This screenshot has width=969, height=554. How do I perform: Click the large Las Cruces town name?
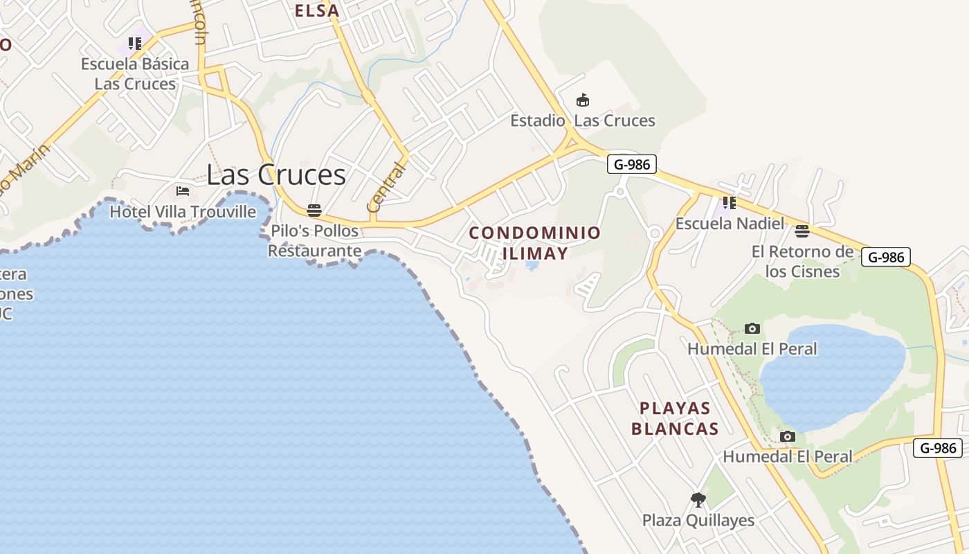[x=276, y=175]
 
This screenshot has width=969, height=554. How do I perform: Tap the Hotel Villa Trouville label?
[x=183, y=211]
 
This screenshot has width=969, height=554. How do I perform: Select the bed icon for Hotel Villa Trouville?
[x=183, y=190]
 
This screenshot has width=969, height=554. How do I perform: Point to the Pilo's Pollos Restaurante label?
[x=315, y=240]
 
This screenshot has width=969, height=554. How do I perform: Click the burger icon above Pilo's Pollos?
[x=314, y=210]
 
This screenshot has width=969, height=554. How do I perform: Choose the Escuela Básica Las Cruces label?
[x=135, y=74]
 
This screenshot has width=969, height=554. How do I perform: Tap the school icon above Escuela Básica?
[x=135, y=44]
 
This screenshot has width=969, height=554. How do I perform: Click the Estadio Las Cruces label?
[x=583, y=120]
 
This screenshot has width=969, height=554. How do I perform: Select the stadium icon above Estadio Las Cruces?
[x=583, y=100]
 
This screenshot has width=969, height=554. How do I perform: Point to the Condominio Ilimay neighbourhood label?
[x=535, y=243]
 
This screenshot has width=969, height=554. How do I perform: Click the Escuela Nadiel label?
[x=730, y=224]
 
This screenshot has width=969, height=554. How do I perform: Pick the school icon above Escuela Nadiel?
[x=729, y=203]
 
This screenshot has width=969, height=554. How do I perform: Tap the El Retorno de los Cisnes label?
[x=803, y=261]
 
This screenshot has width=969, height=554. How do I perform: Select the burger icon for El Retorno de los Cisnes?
[x=802, y=231]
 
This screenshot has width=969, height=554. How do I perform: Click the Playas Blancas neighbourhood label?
[x=676, y=418]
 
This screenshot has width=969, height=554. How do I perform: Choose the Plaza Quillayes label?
[x=698, y=520]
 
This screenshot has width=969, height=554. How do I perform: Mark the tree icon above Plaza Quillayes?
[x=698, y=499]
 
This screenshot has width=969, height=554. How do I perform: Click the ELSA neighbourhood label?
[x=317, y=10]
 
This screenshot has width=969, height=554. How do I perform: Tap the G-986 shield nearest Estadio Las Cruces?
[x=631, y=164]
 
